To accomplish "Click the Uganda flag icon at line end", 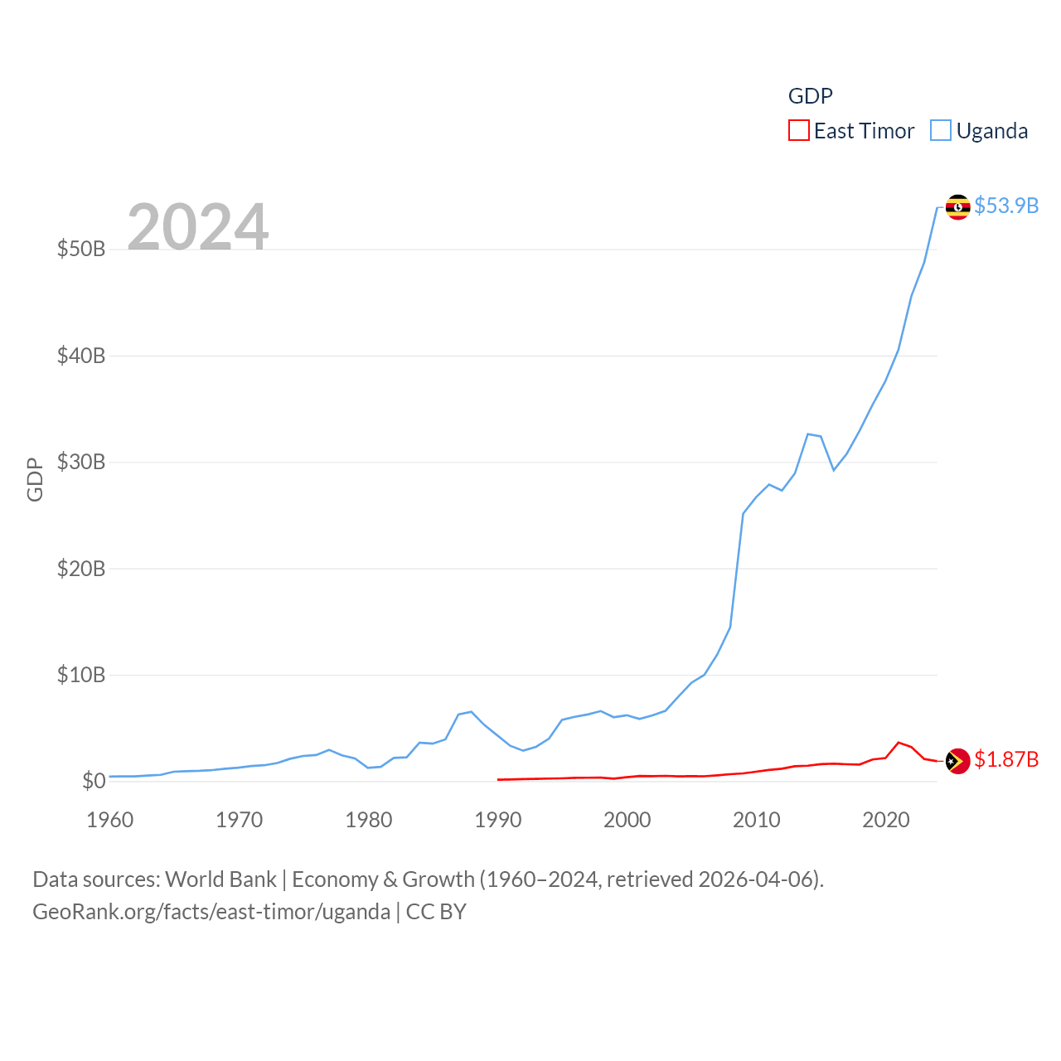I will tap(957, 206).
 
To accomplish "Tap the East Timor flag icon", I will tap(957, 760).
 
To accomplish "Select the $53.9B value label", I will tap(1006, 206).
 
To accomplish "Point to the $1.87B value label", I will tap(1006, 759).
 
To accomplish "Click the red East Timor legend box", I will tap(798, 131).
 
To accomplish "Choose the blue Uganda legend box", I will tap(940, 131).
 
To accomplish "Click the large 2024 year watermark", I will tap(198, 226).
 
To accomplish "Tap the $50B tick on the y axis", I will tap(81, 249).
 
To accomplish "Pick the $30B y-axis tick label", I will tap(81, 462).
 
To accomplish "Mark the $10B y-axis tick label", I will tap(81, 675).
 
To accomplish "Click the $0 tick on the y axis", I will tap(94, 781).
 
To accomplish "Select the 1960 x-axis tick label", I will tap(110, 820).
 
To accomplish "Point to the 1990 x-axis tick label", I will tap(498, 820).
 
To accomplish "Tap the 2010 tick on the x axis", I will tap(757, 820).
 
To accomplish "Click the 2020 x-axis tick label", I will tap(886, 820).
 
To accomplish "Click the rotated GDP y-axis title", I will tap(35, 479).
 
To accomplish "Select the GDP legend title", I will tap(810, 96).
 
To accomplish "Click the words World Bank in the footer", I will tap(220, 879).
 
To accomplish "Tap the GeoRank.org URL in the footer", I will tap(211, 912).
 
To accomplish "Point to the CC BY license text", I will tap(436, 912).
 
